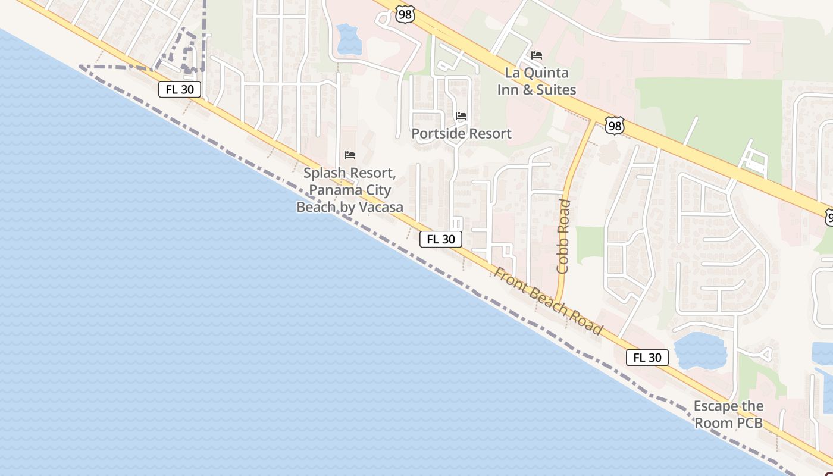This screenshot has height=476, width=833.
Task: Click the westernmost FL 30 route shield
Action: click(180, 90)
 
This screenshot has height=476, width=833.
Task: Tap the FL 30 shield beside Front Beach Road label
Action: click(441, 239)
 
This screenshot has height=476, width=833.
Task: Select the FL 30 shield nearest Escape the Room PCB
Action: click(647, 358)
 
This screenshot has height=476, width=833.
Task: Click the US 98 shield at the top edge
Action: click(405, 15)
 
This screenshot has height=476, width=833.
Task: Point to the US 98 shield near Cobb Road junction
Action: click(614, 126)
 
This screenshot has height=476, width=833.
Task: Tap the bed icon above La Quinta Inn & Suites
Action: click(537, 55)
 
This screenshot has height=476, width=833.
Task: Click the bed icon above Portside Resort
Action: click(461, 116)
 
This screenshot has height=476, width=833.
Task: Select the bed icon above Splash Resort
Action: click(350, 155)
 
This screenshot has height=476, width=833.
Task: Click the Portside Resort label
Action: click(461, 133)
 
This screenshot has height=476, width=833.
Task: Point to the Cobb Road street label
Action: click(563, 237)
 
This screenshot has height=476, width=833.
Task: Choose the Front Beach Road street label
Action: click(548, 302)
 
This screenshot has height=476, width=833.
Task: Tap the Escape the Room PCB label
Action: click(728, 415)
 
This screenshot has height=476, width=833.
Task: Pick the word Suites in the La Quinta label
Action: click(556, 90)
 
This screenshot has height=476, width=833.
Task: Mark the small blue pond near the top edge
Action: click(347, 39)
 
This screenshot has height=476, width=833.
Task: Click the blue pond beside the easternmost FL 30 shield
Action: click(701, 350)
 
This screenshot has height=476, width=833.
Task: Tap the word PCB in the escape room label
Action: click(750, 423)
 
